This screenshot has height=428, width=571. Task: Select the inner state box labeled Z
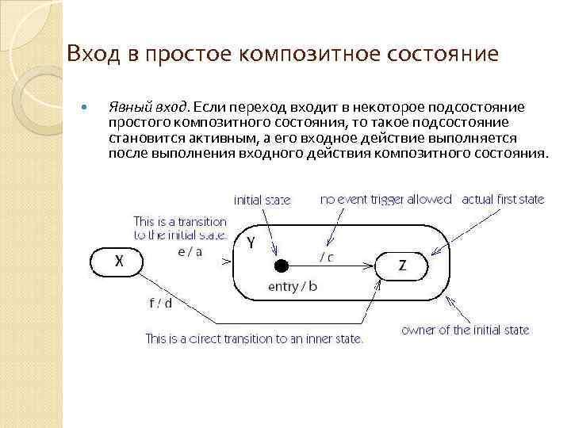coord(402,266)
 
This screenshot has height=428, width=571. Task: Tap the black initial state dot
coord(279,266)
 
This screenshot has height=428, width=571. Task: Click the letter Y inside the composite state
coord(251,243)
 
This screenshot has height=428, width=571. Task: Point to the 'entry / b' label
coord(292,286)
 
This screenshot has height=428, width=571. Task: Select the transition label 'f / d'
coord(160,303)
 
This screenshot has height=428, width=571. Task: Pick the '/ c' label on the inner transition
coord(327,256)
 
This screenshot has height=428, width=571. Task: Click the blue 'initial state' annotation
coord(262,200)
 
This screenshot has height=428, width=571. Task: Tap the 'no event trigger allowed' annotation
coord(386,200)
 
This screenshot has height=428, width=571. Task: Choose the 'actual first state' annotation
coord(503,200)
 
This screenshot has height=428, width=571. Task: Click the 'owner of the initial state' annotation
coord(466,330)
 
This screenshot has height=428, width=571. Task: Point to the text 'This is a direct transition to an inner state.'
coord(254,338)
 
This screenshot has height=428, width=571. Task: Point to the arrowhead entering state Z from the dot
coord(370,266)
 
